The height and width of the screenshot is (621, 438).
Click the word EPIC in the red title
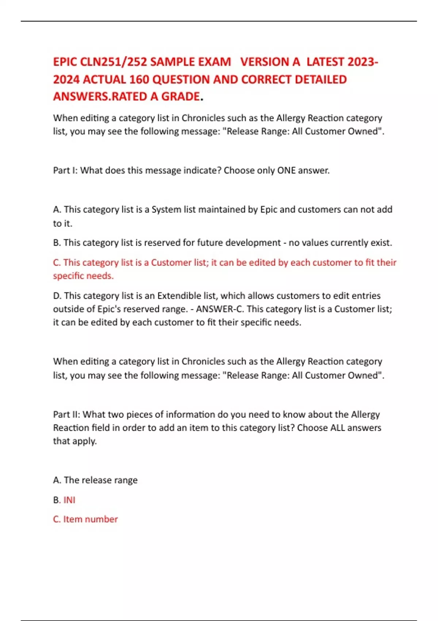click(65, 62)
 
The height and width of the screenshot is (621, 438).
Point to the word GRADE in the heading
click(180, 96)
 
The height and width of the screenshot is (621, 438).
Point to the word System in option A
click(165, 209)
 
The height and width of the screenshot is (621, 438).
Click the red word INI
click(69, 500)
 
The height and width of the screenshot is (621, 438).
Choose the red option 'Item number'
click(91, 519)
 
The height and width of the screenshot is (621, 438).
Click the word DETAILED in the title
click(320, 79)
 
